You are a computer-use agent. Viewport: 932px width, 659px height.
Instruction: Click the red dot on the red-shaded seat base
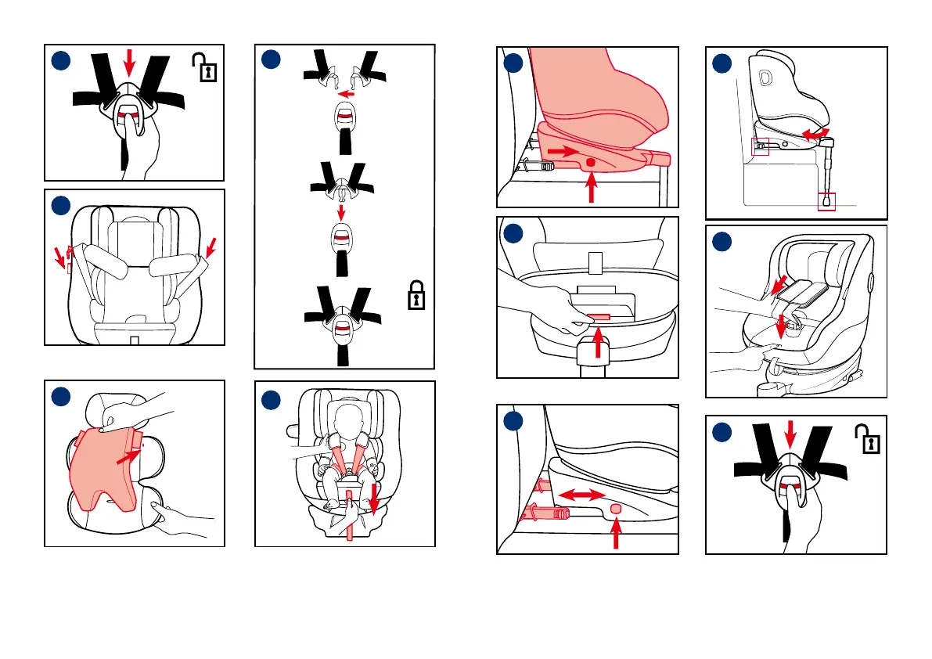(x=591, y=162)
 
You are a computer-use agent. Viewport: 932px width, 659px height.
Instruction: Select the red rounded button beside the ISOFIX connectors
(x=616, y=509)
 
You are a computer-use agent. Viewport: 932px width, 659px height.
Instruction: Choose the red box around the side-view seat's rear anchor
(x=760, y=146)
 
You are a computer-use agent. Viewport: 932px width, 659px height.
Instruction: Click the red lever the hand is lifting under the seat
(x=599, y=317)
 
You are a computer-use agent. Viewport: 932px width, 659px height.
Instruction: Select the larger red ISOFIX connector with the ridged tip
(x=540, y=514)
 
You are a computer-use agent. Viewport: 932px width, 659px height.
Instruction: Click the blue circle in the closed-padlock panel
(x=271, y=59)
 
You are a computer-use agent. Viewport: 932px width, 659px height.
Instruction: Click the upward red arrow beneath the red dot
(x=592, y=189)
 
